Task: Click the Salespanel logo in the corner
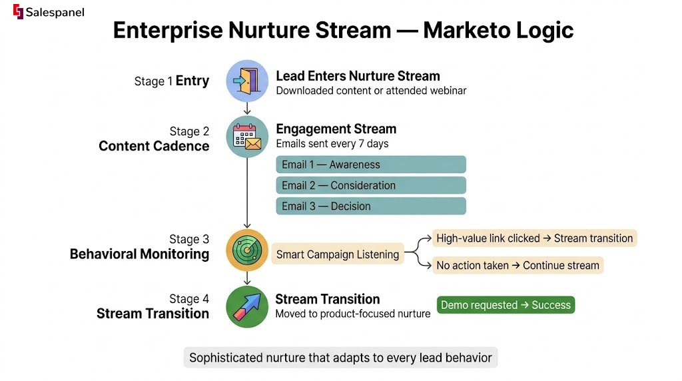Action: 49,12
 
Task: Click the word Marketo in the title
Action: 467,31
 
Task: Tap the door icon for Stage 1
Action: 247,81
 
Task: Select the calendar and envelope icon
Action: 247,137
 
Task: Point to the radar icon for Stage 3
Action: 247,250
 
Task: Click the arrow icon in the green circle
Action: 247,306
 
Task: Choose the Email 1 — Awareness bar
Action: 371,165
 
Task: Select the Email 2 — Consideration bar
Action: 371,185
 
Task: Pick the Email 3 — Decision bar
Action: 371,206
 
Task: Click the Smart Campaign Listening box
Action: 338,254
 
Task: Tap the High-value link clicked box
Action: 534,238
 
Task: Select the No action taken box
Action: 517,265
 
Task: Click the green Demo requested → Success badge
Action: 506,305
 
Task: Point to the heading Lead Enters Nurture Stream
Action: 358,76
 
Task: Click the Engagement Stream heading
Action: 336,129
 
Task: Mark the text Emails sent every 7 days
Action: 332,143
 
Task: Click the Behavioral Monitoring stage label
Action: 140,254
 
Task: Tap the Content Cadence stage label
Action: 154,146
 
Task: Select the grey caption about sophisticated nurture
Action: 340,358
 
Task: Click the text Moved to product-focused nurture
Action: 353,314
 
